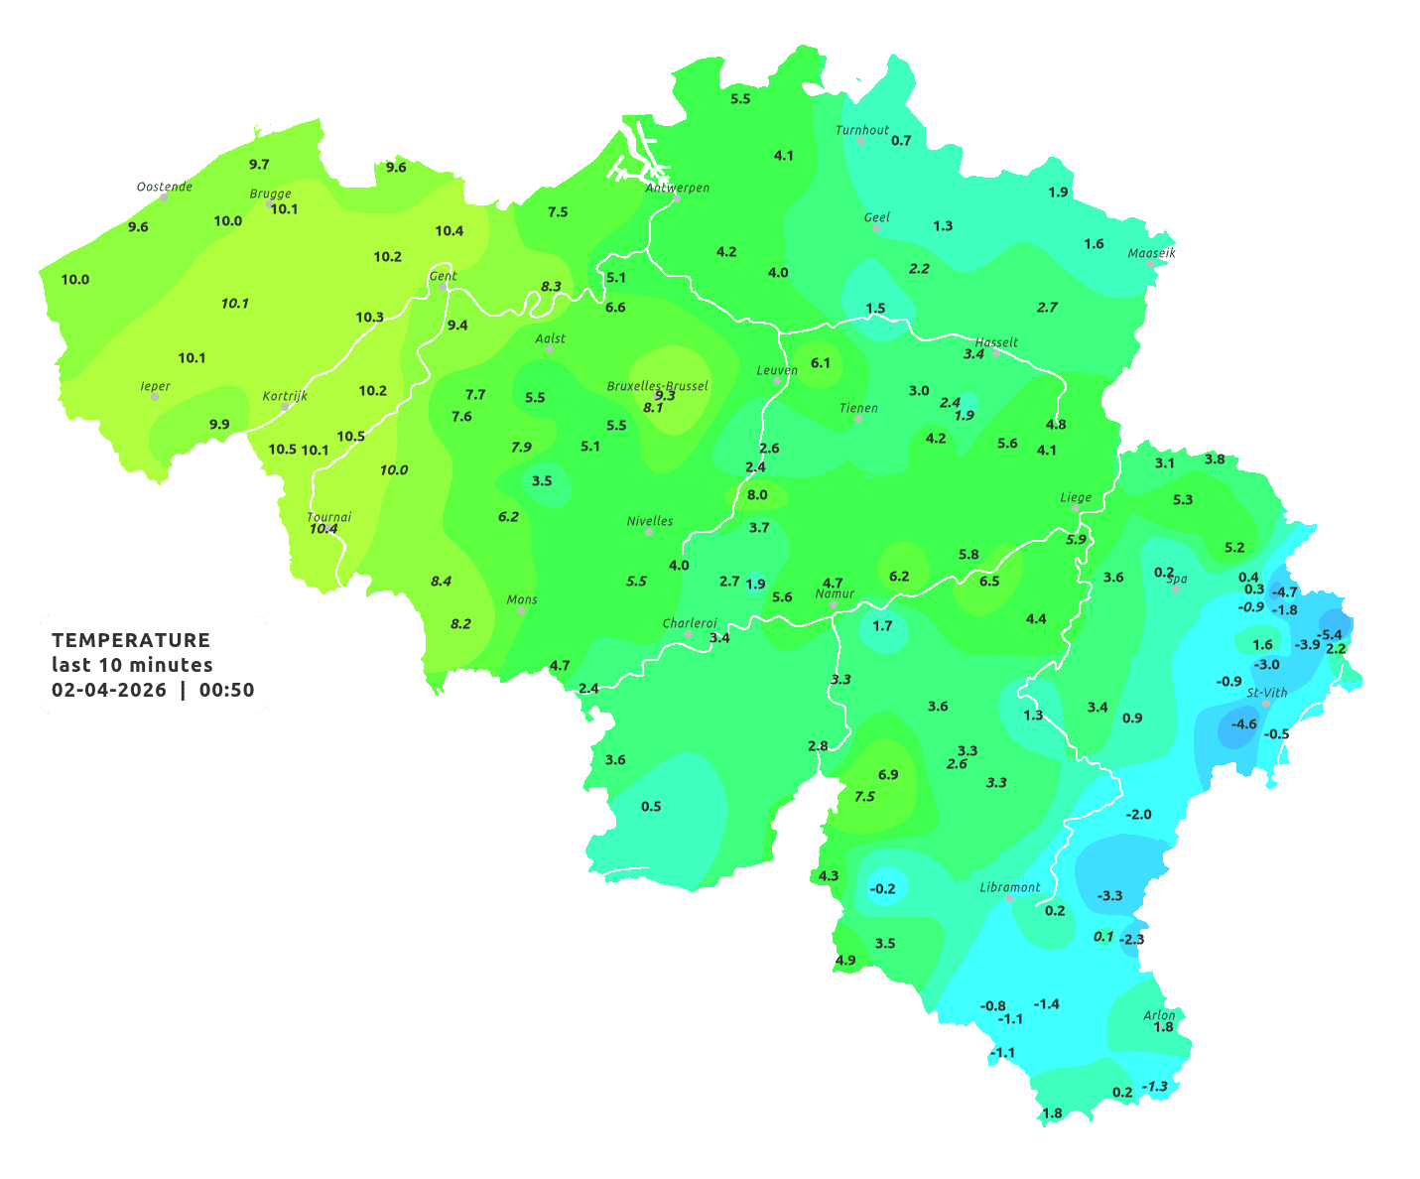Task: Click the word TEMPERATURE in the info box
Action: point(131,640)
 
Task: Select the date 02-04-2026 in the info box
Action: point(109,690)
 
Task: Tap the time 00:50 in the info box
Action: point(226,690)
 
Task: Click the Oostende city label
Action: point(164,186)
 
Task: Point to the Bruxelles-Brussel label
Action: point(658,385)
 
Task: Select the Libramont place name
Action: point(1010,887)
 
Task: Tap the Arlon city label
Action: point(1159,1014)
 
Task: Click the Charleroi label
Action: point(690,623)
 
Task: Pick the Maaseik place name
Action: point(1151,253)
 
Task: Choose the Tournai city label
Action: point(329,516)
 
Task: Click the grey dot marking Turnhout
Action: point(861,141)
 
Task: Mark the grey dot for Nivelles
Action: point(649,532)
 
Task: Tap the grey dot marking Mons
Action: point(521,610)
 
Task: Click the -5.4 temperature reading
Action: point(1329,634)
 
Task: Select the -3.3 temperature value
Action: point(1109,895)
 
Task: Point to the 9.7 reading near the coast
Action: point(259,164)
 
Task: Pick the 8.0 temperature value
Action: point(757,494)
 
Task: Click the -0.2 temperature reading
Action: point(882,888)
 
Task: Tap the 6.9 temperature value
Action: point(888,774)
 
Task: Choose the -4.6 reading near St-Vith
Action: point(1243,723)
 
